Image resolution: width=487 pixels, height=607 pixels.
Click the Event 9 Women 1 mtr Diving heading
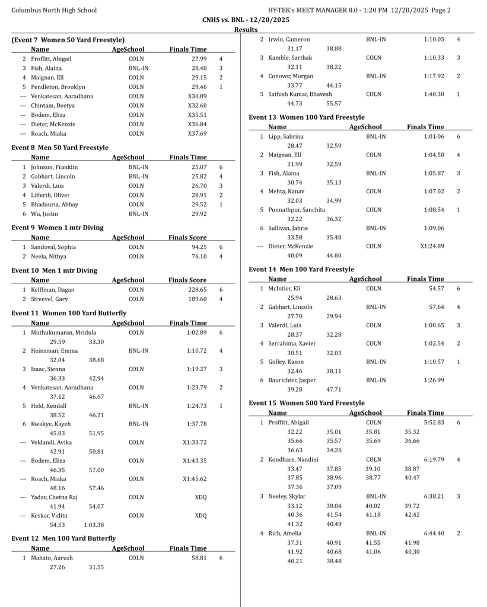click(58, 228)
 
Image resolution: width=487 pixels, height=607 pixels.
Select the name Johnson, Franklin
click(54, 167)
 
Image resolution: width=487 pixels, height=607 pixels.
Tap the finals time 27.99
click(199, 59)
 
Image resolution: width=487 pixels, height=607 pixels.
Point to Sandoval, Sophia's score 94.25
click(199, 247)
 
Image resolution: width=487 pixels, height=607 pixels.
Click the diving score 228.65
click(197, 290)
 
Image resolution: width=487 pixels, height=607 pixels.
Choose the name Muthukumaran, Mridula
click(63, 333)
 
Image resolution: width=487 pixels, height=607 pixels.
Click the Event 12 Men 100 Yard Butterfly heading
click(63, 538)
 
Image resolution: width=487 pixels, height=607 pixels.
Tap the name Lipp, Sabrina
click(285, 136)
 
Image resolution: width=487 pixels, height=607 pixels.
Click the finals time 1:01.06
click(434, 136)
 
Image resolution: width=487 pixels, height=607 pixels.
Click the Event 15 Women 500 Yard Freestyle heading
click(307, 403)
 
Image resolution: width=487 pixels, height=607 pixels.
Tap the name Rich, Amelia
click(285, 533)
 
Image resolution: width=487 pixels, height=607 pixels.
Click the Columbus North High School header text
click(54, 10)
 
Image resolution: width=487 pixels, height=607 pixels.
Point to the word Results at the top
click(246, 30)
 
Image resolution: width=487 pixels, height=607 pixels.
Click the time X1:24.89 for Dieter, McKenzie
click(432, 246)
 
